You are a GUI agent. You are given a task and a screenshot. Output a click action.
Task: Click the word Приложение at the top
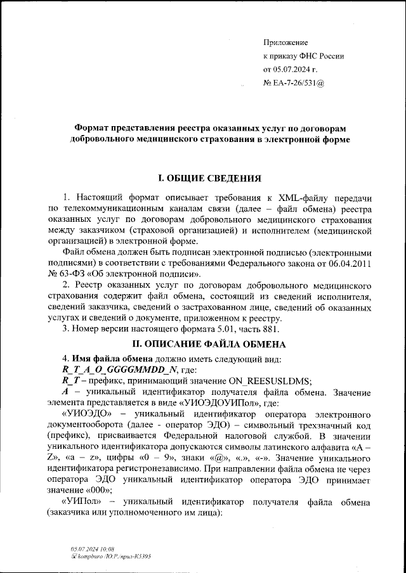[285, 42]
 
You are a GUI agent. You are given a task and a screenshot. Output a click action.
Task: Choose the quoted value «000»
[99, 491]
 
